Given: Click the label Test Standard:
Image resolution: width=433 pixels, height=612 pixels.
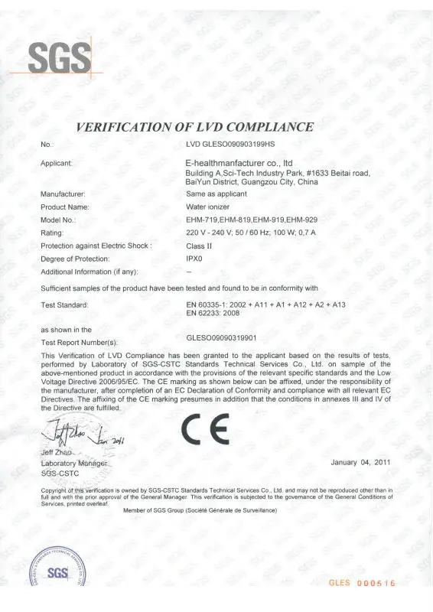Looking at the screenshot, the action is coord(65,305).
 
